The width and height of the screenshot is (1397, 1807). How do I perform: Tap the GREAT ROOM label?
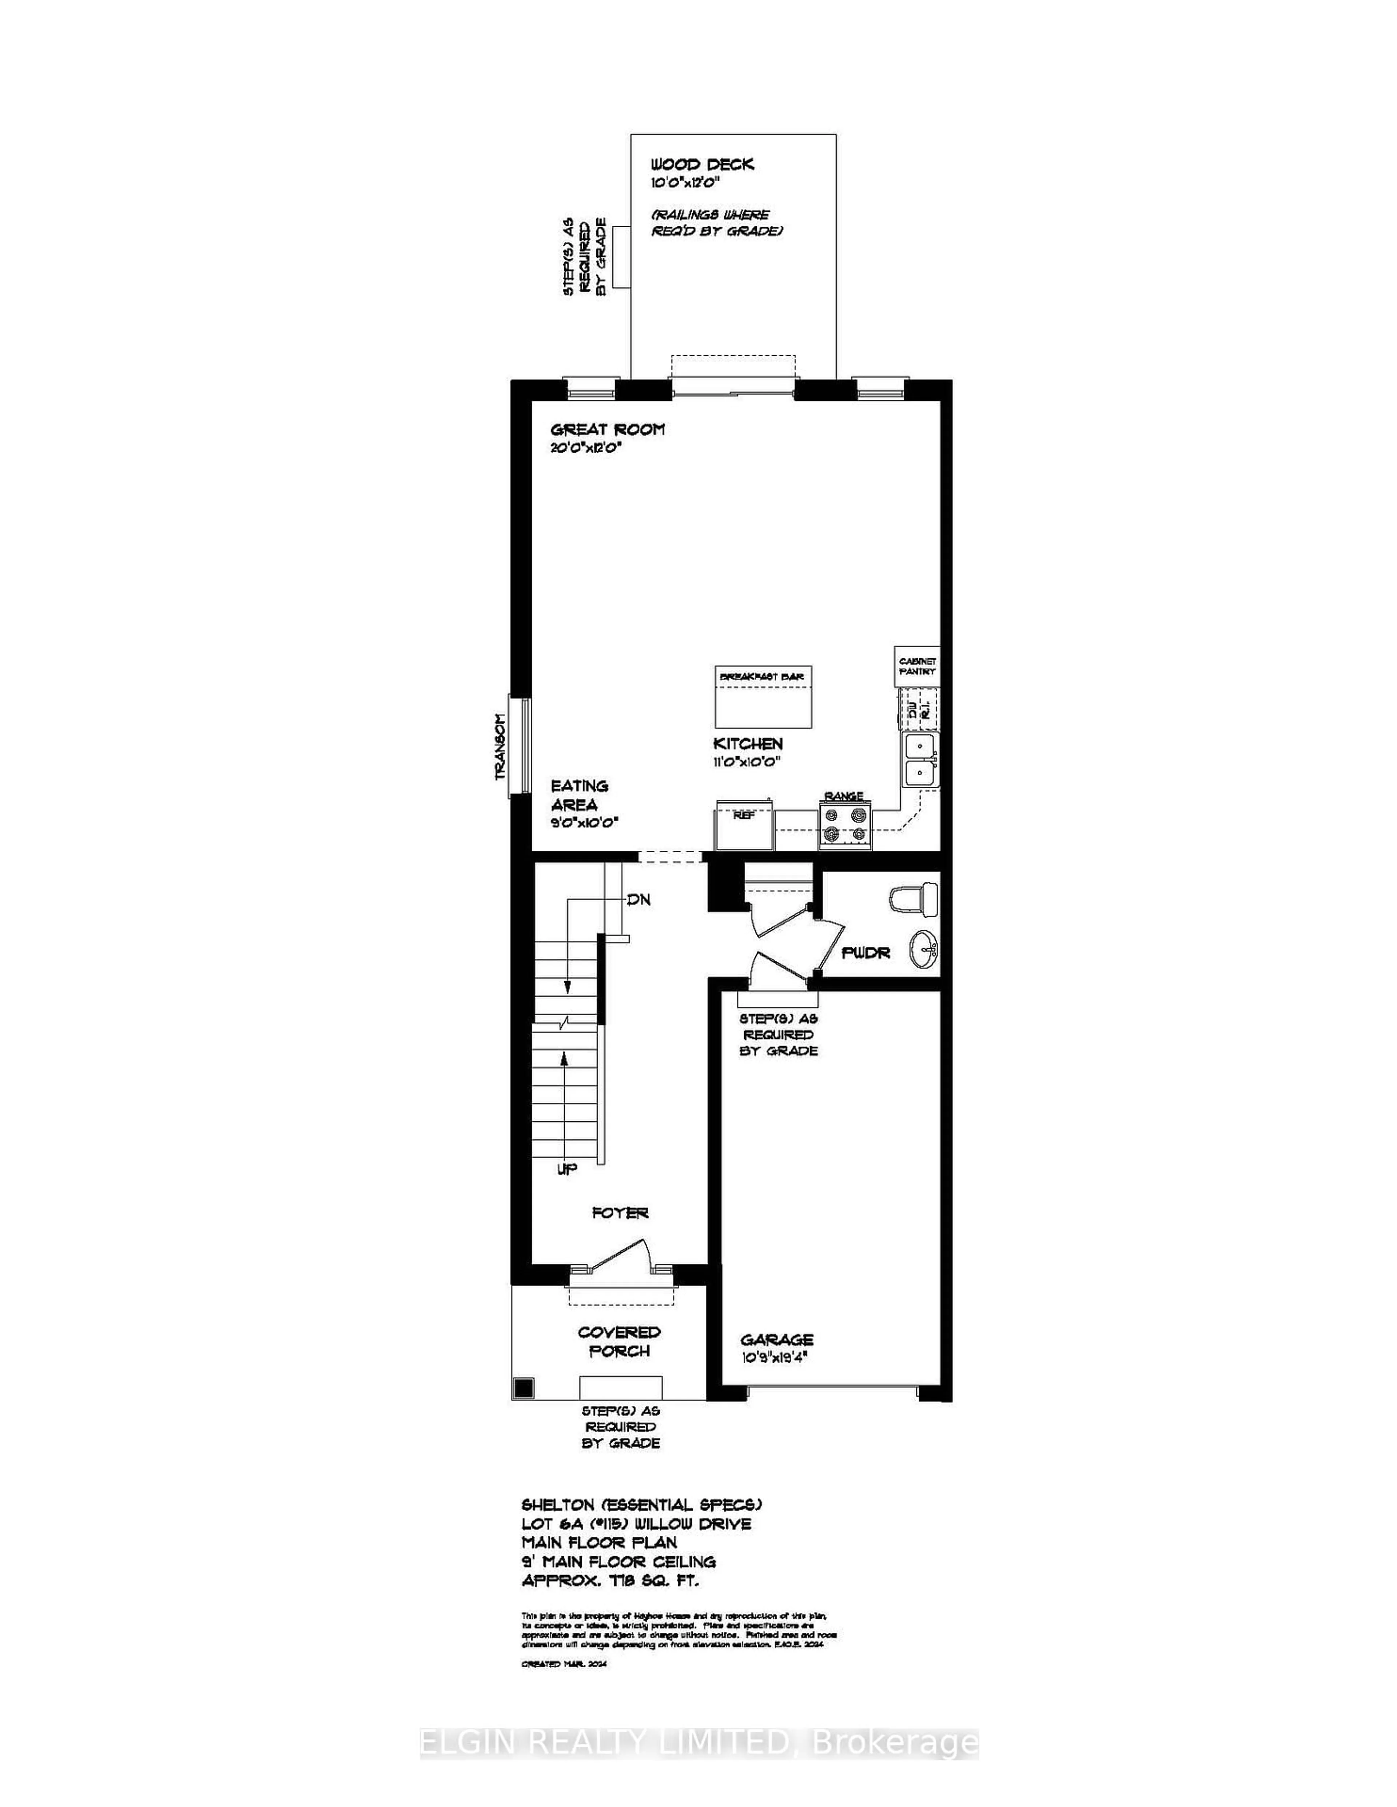608,430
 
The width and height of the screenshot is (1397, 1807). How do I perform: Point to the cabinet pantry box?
917,666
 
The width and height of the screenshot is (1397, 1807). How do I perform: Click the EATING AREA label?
579,795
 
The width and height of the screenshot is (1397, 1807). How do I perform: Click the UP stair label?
567,1169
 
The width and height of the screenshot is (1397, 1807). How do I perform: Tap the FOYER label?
620,1213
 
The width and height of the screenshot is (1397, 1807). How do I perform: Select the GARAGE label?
776,1340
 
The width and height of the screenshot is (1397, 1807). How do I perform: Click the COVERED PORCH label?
619,1341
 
